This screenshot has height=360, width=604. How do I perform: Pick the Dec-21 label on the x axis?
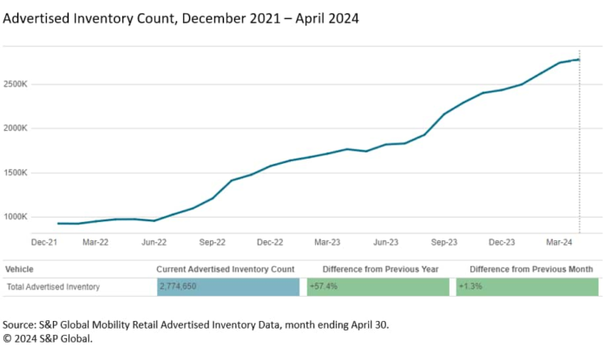click(45, 243)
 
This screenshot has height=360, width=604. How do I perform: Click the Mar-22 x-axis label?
click(95, 243)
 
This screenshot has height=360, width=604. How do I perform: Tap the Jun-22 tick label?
click(154, 243)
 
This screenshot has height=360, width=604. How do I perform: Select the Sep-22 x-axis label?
click(212, 243)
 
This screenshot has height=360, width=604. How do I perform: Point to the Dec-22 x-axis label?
click(270, 243)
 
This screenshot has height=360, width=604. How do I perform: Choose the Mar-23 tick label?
click(327, 243)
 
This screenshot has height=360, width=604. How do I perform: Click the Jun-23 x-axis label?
click(385, 243)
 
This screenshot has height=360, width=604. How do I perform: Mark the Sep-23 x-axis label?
click(443, 243)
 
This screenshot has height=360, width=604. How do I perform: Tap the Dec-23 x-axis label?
click(502, 243)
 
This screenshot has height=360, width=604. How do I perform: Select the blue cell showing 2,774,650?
click(227, 287)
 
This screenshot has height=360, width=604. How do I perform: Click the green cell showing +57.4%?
click(377, 287)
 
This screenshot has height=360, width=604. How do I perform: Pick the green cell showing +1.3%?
click(527, 287)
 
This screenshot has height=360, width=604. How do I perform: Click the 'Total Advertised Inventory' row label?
click(53, 287)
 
